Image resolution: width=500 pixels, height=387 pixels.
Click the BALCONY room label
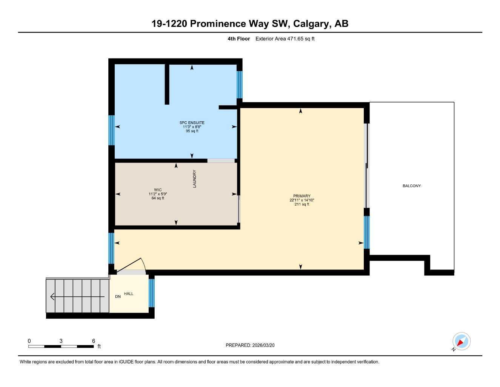(411, 186)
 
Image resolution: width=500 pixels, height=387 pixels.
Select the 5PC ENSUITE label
(192, 123)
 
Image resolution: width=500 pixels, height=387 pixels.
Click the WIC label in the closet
(158, 190)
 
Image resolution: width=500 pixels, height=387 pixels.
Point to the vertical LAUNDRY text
(195, 179)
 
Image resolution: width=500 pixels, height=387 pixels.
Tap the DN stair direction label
(118, 297)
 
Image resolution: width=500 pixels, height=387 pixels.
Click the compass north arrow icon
(461, 342)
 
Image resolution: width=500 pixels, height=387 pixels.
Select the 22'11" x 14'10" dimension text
(302, 200)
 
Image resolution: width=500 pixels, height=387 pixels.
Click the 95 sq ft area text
(192, 131)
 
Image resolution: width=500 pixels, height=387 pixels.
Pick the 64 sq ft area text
(158, 198)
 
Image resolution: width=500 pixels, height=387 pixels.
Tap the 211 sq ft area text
(302, 204)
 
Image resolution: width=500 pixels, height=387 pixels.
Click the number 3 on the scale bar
(61, 341)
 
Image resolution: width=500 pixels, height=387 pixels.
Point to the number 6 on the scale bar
(94, 341)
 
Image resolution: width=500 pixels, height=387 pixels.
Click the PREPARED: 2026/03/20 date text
(250, 345)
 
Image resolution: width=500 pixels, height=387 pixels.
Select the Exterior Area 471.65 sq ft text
(285, 39)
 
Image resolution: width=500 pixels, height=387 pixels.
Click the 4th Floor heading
(238, 39)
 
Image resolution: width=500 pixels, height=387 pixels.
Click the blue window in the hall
(151, 293)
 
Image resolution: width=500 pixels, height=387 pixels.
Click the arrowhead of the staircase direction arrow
(52, 297)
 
